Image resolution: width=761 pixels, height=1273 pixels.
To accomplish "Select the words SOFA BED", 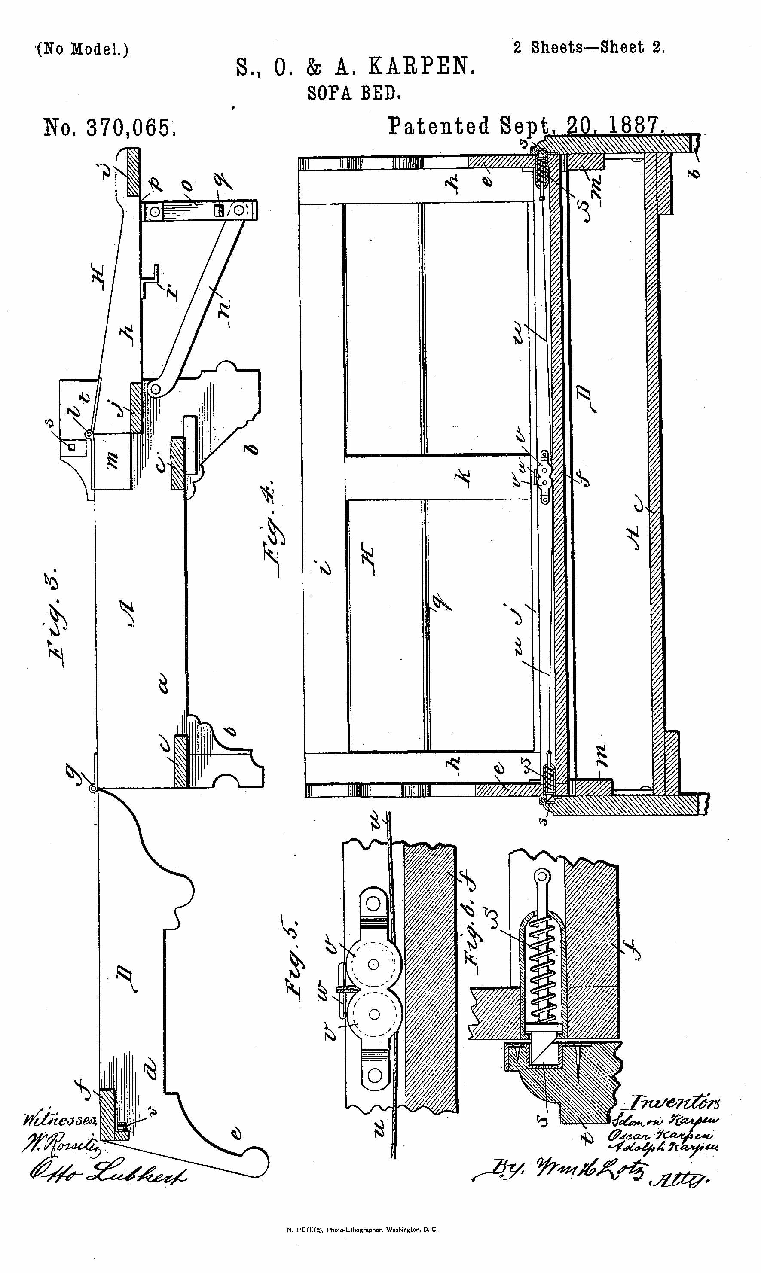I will pos(354,93).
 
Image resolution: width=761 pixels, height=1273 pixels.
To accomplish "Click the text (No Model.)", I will pos(83,49).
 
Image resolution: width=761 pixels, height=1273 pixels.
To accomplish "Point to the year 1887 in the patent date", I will pos(636,125).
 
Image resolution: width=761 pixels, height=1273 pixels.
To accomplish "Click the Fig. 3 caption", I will pos(57,617).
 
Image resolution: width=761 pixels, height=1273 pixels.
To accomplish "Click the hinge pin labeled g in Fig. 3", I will pos(93,788).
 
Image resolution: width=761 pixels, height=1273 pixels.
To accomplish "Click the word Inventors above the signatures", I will pos(674,1102).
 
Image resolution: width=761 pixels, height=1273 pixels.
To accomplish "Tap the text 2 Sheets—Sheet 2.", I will pos(589,48).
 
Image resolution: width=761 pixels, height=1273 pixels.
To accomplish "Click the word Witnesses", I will pos(61,1120).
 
